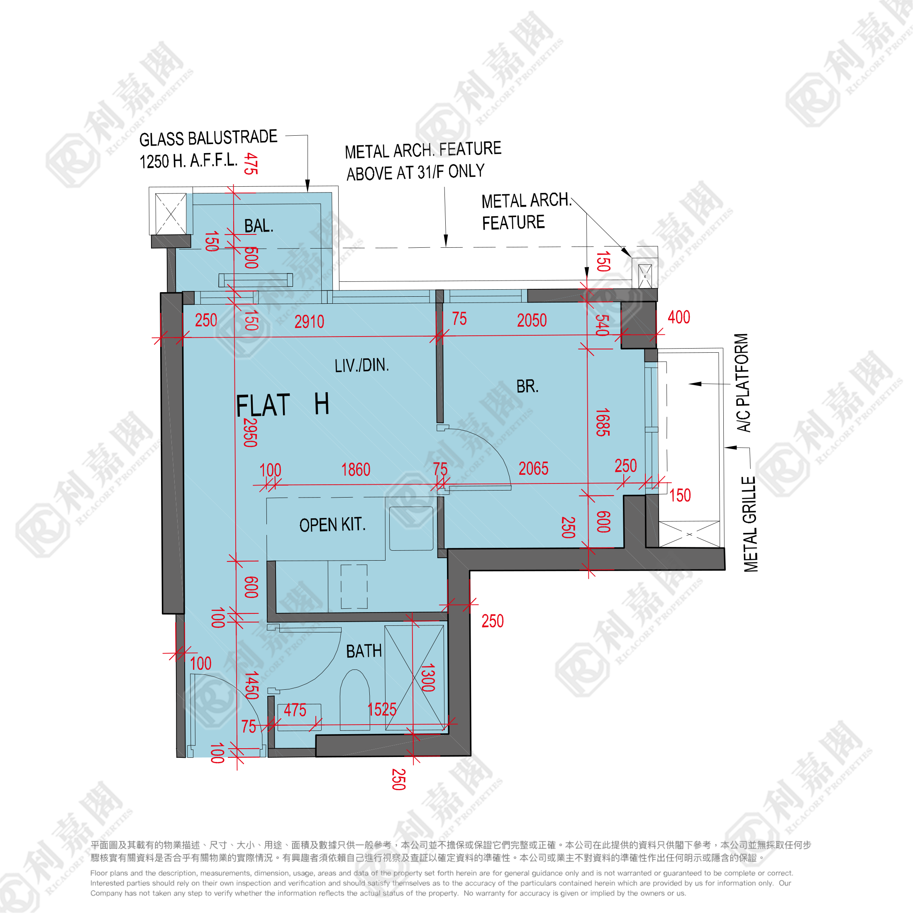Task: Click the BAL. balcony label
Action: [259, 226]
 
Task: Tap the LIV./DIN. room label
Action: [361, 365]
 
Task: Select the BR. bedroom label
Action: [527, 386]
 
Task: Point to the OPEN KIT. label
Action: [333, 525]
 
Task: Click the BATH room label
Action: [364, 651]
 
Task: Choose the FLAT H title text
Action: [282, 405]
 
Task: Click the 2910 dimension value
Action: [310, 322]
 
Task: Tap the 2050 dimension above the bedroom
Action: [532, 320]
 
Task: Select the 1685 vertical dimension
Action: [603, 422]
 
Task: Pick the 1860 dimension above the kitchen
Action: [356, 470]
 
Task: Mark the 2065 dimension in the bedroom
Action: [534, 468]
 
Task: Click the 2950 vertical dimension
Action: [250, 432]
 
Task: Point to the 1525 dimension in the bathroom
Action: [382, 709]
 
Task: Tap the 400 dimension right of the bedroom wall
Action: [679, 317]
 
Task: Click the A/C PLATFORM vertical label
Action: [742, 383]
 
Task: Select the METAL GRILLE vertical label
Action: [750, 524]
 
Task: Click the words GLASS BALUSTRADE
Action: [208, 138]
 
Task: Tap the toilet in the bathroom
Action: [354, 700]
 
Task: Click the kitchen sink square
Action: [411, 528]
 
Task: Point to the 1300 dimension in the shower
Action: [428, 678]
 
